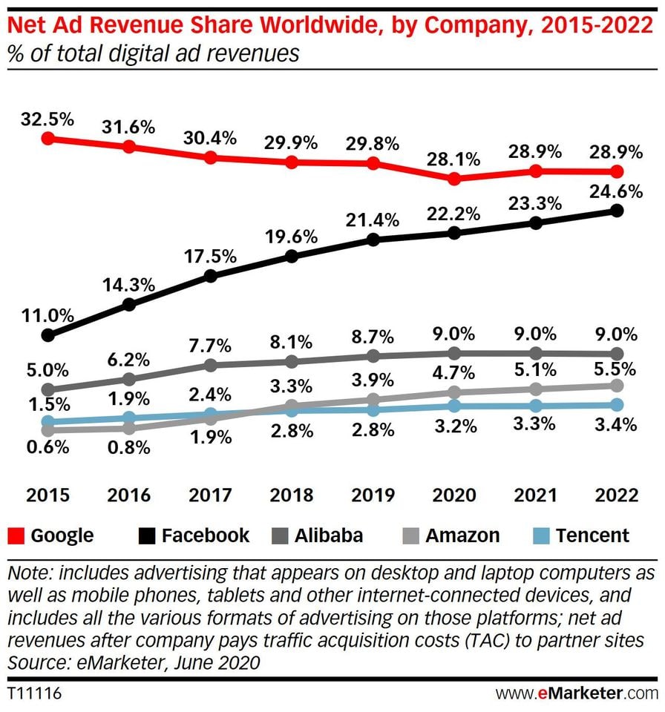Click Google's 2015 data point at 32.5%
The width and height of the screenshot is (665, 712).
48,138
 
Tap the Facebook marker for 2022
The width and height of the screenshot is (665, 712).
617,211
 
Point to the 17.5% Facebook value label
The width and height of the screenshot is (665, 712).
212,257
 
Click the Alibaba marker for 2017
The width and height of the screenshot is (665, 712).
210,365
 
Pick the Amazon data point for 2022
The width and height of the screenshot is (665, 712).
617,386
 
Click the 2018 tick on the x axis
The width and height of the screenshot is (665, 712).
292,495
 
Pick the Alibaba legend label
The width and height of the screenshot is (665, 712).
329,535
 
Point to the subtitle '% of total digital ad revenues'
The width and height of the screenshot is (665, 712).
152,54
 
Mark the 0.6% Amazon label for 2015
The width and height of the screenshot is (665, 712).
48,447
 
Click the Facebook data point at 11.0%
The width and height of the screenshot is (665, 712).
48,335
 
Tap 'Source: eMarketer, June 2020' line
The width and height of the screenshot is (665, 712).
134,662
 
